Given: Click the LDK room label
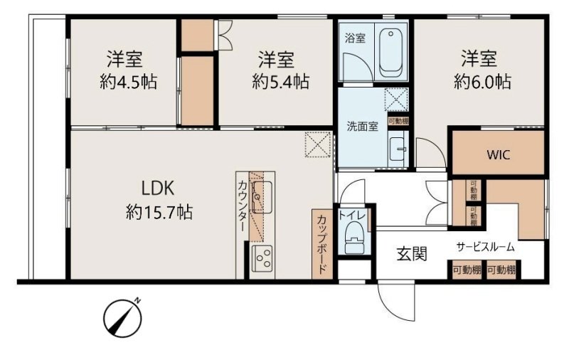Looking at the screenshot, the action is pyautogui.click(x=157, y=189).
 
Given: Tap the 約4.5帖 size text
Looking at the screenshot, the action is pyautogui.click(x=129, y=82).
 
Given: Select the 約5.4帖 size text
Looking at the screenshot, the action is pyautogui.click(x=280, y=82).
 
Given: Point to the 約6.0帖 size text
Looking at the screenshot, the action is pyautogui.click(x=482, y=82).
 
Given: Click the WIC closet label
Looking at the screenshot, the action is pyautogui.click(x=499, y=155).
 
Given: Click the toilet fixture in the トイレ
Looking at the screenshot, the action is pyautogui.click(x=354, y=238).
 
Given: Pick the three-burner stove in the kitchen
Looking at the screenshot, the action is pyautogui.click(x=262, y=258).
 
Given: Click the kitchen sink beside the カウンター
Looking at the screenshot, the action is pyautogui.click(x=262, y=197).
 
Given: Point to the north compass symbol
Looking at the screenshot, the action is pyautogui.click(x=122, y=317).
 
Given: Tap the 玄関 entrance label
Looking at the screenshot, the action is pyautogui.click(x=412, y=254).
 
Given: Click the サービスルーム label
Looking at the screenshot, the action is pyautogui.click(x=485, y=248).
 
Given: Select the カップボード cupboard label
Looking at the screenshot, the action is pyautogui.click(x=322, y=245).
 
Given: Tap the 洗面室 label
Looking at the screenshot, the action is pyautogui.click(x=362, y=127).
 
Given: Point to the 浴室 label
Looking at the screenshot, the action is pyautogui.click(x=355, y=38).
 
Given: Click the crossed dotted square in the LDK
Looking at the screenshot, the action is pyautogui.click(x=318, y=144).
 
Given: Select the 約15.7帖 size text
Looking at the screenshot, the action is pyautogui.click(x=159, y=212).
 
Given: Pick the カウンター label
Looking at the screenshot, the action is pyautogui.click(x=243, y=206).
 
